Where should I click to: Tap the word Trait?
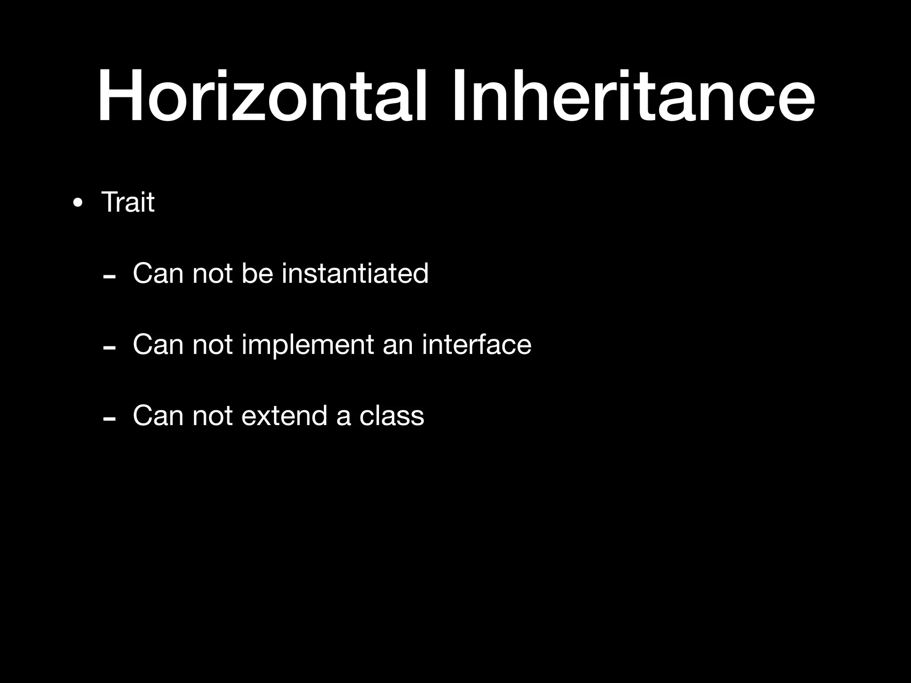pos(128,202)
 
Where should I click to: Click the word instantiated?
pos(355,273)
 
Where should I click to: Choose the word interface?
pos(476,344)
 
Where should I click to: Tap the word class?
pos(391,416)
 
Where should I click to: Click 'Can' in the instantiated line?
pos(158,273)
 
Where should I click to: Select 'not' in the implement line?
pos(212,345)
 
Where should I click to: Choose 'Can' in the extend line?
pos(158,416)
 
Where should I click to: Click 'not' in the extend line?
pos(212,416)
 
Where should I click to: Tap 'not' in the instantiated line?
pos(212,273)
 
